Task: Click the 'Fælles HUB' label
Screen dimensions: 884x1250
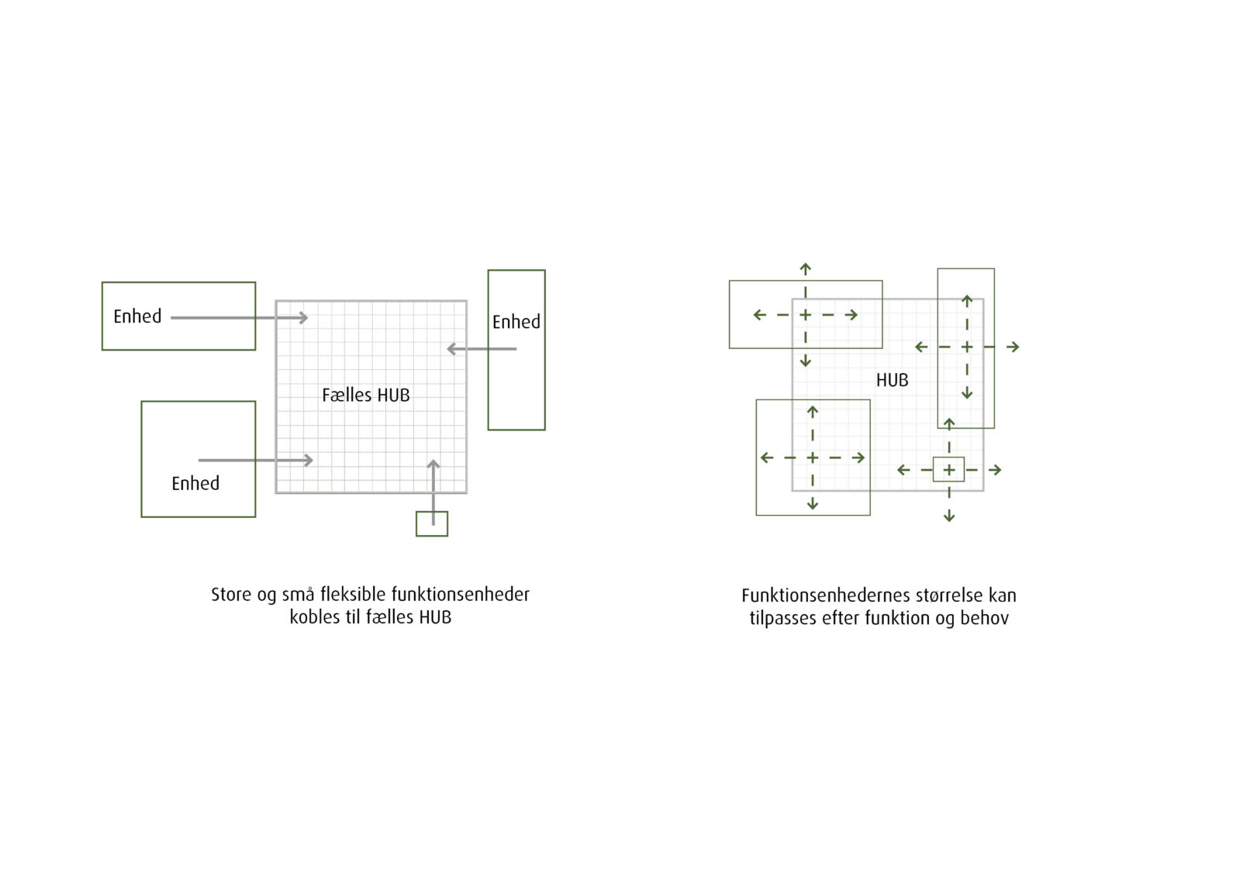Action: [x=365, y=395]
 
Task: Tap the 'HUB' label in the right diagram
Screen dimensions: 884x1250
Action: [x=892, y=381]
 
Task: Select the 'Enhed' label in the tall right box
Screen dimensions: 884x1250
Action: [x=516, y=322]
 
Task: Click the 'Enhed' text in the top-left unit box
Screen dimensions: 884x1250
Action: [x=137, y=316]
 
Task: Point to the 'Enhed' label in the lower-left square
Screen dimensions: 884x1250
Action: [x=195, y=484]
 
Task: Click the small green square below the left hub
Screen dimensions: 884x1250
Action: [x=432, y=524]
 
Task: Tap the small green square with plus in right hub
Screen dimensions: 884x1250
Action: [x=948, y=470]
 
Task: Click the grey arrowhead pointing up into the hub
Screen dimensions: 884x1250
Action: [x=433, y=464]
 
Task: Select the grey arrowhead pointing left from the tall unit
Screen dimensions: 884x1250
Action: [x=451, y=349]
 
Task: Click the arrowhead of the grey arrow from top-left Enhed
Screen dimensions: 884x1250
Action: [x=304, y=317]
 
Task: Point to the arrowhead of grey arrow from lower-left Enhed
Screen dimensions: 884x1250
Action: [x=309, y=460]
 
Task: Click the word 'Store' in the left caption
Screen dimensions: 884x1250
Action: [x=231, y=596]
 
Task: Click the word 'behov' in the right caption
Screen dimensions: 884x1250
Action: [x=984, y=619]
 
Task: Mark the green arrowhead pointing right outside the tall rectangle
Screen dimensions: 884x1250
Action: [x=1015, y=347]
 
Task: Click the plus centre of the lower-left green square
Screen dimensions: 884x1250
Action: [x=813, y=458]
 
